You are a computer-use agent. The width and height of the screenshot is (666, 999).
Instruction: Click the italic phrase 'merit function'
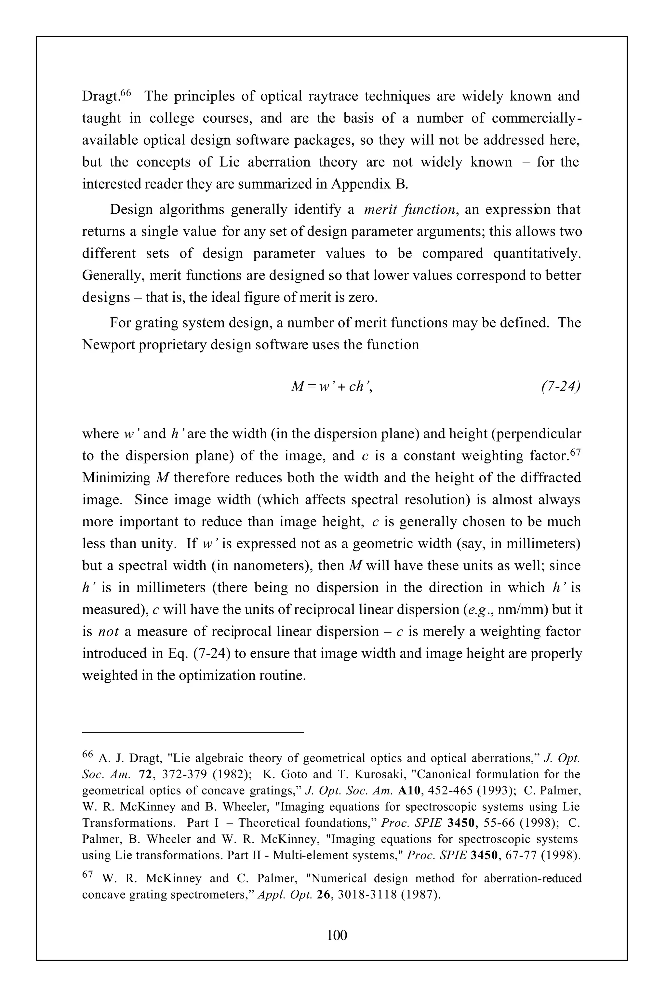coord(409,209)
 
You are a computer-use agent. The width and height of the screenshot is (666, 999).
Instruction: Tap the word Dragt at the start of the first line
coord(100,96)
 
